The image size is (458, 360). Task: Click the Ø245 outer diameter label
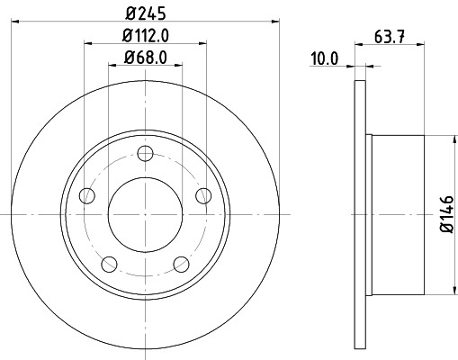(145, 13)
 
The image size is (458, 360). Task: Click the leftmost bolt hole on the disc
(86, 195)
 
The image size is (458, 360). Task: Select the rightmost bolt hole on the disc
(202, 195)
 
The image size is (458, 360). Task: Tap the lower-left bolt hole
(109, 264)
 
